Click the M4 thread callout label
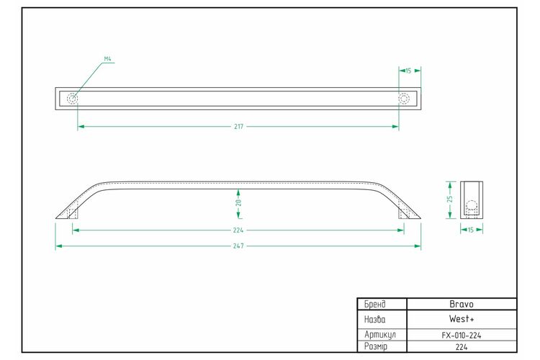108,59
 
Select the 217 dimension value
238,127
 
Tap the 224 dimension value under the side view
238,230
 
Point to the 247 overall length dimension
238,246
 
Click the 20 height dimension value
238,202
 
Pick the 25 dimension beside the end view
450,199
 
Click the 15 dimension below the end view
471,230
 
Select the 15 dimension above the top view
408,71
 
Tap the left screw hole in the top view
72,99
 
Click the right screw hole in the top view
404,99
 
